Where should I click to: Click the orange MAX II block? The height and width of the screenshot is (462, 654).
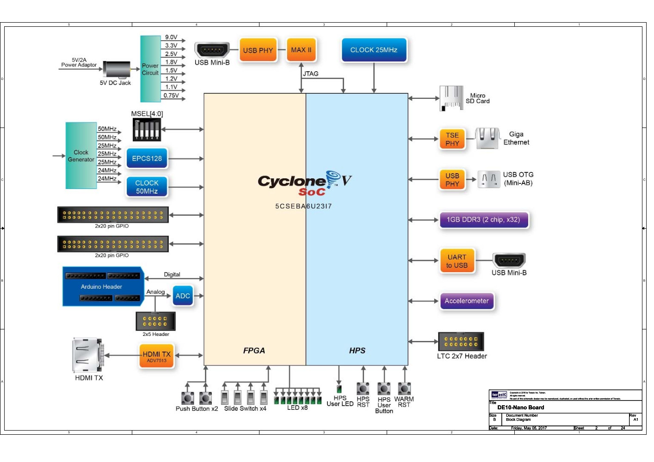[x=301, y=50]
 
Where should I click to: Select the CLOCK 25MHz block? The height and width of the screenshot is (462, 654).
[x=374, y=50]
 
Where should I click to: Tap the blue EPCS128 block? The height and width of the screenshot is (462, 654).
[x=147, y=158]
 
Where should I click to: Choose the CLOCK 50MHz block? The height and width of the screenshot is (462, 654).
[x=147, y=187]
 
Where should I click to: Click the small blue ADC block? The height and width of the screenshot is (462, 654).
[x=183, y=296]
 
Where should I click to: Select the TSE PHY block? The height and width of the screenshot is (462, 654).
[x=452, y=139]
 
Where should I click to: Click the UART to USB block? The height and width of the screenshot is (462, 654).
[x=457, y=261]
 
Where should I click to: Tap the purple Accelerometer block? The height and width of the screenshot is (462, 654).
[x=467, y=301]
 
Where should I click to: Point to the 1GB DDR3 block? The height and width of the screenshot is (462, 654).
[x=483, y=220]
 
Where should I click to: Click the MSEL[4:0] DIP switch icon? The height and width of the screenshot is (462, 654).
[x=147, y=129]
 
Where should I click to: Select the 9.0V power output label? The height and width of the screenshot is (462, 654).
[x=171, y=37]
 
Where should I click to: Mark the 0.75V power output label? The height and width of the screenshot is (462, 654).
[x=171, y=96]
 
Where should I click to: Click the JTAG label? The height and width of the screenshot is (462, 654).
[x=311, y=73]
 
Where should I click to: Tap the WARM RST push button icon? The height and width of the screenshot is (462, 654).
[x=405, y=389]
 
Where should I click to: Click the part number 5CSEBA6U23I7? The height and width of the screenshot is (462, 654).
[x=303, y=206]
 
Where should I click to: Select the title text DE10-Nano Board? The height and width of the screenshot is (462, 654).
[x=520, y=407]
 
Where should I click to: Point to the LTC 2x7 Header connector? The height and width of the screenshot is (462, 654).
[x=461, y=342]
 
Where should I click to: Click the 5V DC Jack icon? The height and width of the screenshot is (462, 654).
[x=117, y=69]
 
